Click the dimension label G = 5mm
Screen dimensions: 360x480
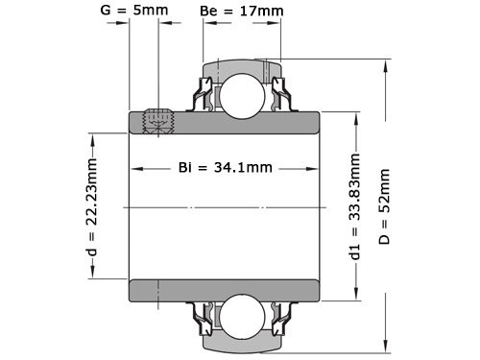click(x=135, y=12)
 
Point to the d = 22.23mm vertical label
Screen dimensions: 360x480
click(x=92, y=207)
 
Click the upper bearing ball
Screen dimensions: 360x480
click(x=240, y=91)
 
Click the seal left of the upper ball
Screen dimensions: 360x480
click(x=204, y=95)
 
